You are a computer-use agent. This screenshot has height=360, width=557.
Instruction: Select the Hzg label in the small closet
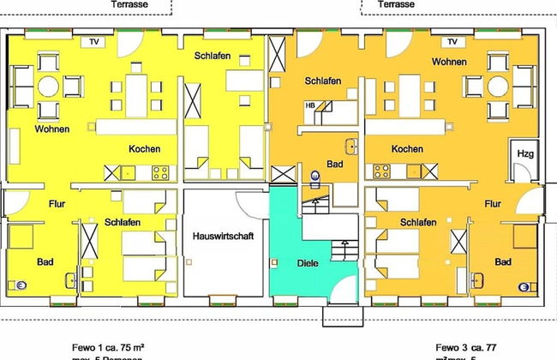(x=524, y=153)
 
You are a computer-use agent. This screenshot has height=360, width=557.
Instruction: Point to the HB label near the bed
(x=311, y=105)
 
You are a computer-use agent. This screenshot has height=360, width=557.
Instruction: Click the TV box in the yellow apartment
(x=89, y=40)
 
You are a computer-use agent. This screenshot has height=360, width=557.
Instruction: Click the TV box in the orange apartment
(x=452, y=40)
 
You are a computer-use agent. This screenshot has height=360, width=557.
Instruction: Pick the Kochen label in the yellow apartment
(x=144, y=149)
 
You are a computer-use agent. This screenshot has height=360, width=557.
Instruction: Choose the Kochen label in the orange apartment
(x=407, y=149)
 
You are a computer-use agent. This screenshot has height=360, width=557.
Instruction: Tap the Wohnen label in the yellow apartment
(x=52, y=129)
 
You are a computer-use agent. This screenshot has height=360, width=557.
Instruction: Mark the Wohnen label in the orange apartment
(x=450, y=63)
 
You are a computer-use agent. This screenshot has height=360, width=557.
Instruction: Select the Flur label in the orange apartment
(x=494, y=205)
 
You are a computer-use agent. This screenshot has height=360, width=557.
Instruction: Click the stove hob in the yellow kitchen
(x=160, y=171)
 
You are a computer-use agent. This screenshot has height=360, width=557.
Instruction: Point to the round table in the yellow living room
(x=48, y=86)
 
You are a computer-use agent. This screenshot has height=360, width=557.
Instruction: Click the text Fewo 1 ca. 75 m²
(x=106, y=347)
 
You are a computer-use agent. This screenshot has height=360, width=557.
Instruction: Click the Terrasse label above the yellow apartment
(x=130, y=4)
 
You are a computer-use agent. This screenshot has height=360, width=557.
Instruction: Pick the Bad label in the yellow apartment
(x=45, y=261)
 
